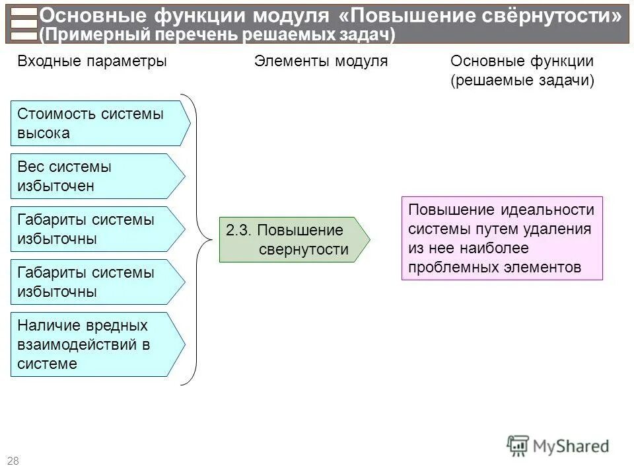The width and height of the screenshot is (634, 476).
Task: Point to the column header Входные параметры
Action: [92, 61]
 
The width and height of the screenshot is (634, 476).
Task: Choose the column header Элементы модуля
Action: [321, 61]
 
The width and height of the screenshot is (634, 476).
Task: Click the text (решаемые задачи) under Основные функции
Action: [522, 81]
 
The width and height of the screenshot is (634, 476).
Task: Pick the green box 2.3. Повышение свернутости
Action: [291, 239]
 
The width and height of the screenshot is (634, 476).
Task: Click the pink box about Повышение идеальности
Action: [502, 238]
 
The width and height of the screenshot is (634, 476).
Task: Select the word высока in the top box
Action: [44, 133]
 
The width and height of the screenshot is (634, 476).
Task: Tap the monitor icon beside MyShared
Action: [518, 446]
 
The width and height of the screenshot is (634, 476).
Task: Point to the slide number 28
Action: [13, 461]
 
